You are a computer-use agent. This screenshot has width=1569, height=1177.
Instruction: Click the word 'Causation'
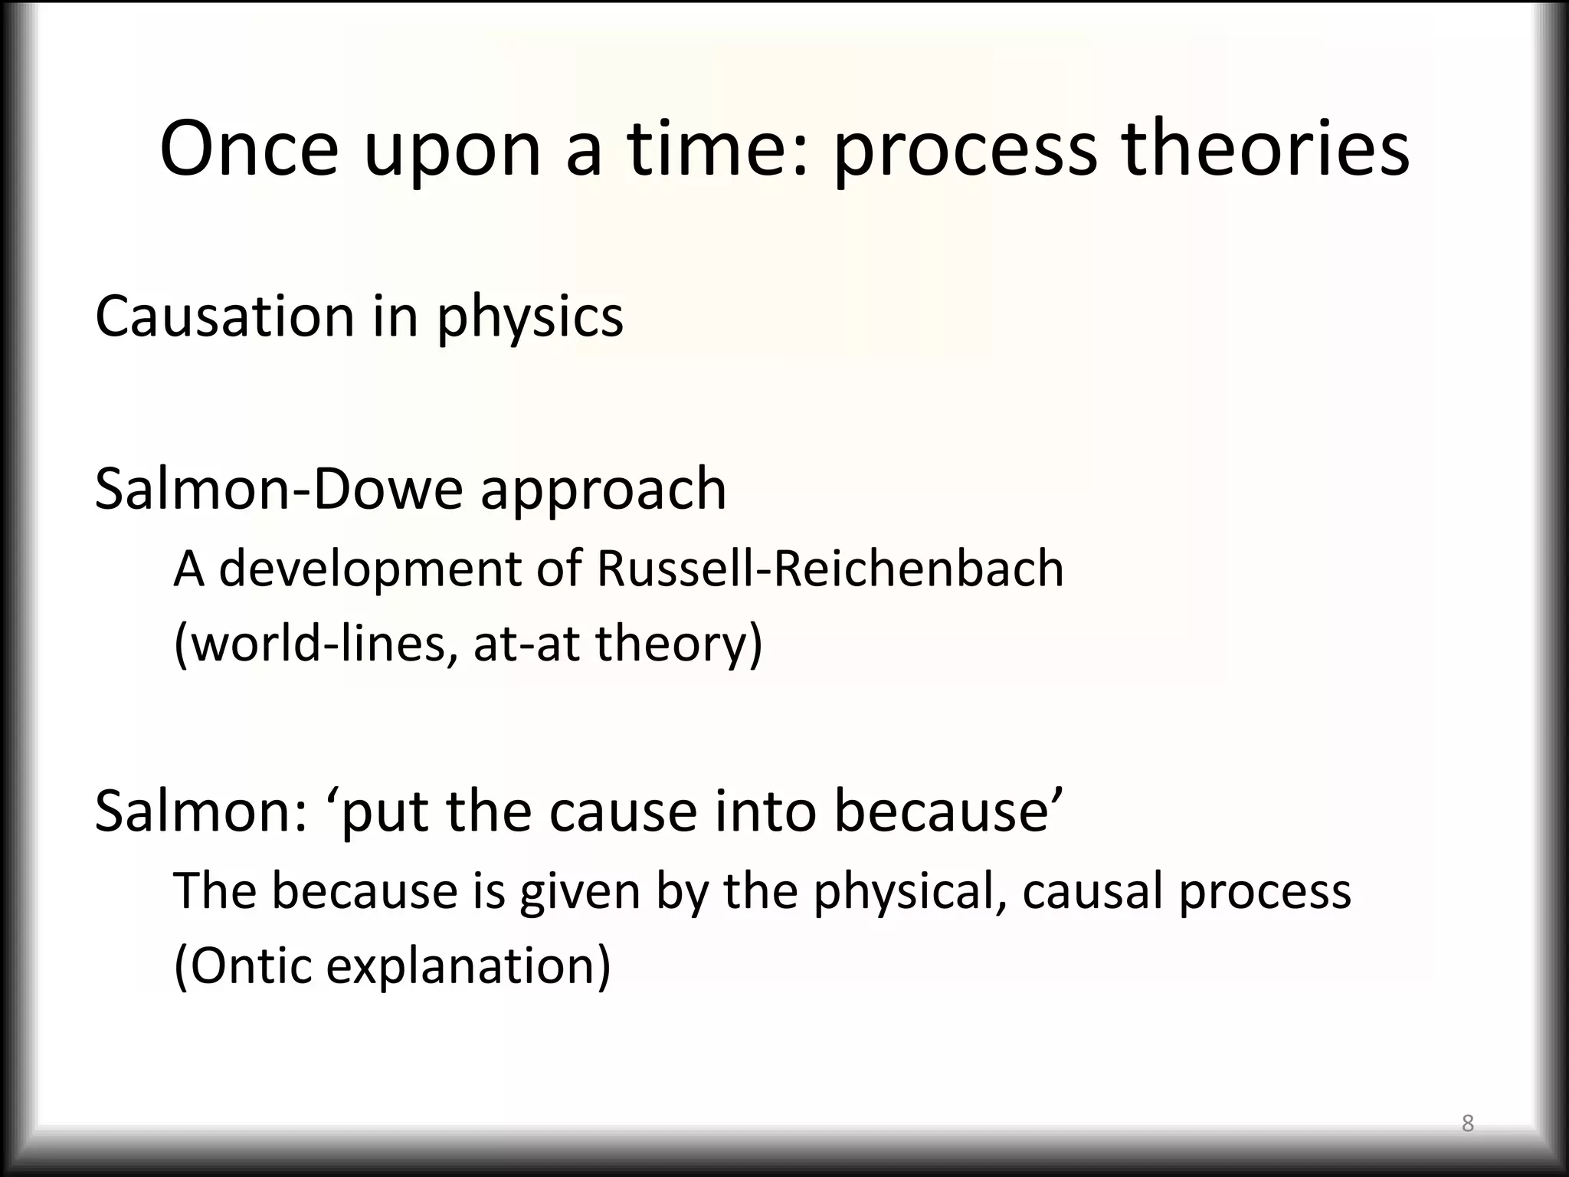click(224, 316)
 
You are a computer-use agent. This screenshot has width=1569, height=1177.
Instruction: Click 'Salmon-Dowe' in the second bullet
click(278, 489)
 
